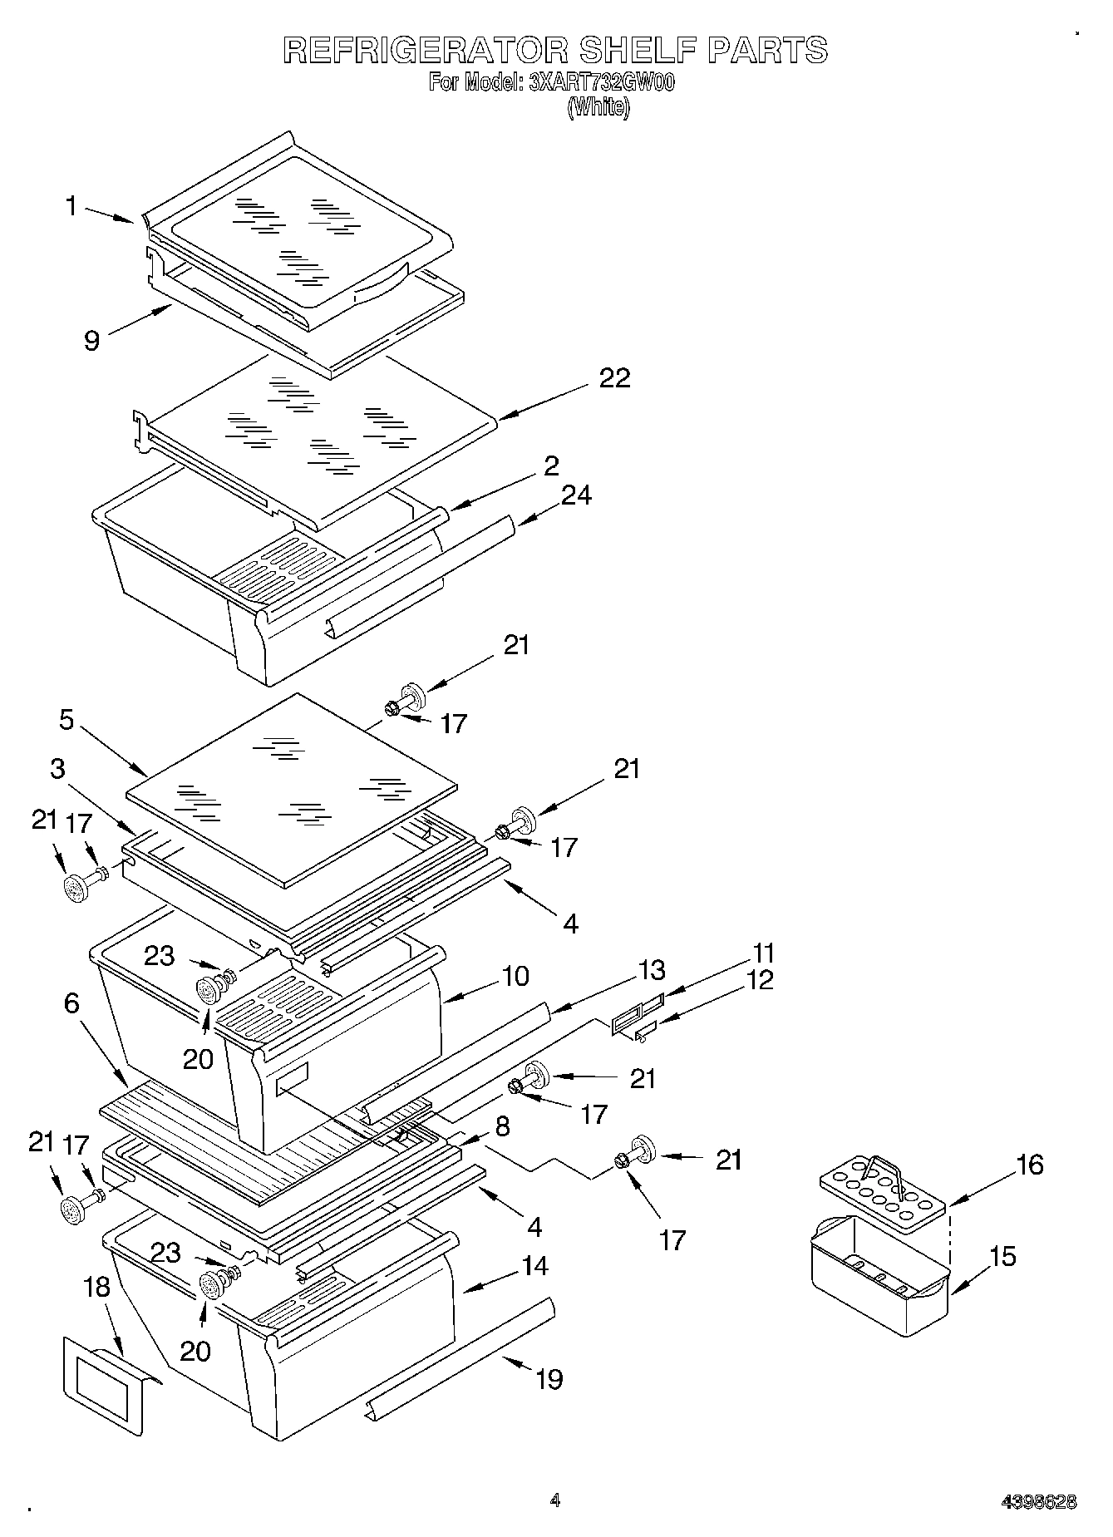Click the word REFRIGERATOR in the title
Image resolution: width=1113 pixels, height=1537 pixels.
426,50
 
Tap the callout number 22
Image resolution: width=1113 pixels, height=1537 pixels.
615,377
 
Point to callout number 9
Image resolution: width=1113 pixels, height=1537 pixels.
92,340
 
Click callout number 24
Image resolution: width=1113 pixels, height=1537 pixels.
576,495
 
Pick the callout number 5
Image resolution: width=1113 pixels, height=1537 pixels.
67,720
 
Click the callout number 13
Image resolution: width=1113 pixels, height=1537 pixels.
653,969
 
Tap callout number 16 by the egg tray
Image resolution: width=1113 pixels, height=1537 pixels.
1029,1165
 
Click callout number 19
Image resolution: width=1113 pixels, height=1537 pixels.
549,1379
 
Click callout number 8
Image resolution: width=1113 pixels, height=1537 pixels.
503,1126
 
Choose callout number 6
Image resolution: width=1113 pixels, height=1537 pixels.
71,1003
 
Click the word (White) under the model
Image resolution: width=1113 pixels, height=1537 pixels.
598,107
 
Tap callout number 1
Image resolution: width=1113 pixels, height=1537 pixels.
72,205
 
